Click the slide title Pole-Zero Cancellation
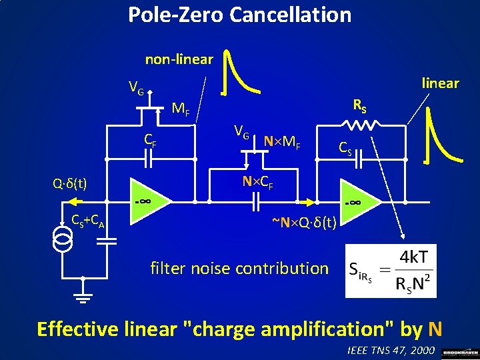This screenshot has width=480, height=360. click(x=239, y=15)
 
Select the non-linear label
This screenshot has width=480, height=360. click(x=179, y=59)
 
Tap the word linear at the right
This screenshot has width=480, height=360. click(x=440, y=83)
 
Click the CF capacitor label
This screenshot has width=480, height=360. click(x=151, y=140)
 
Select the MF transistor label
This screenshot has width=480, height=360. click(x=181, y=108)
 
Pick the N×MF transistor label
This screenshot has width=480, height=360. click(x=282, y=141)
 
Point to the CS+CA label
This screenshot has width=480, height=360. click(x=87, y=220)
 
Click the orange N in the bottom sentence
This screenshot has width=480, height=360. click(x=435, y=329)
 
